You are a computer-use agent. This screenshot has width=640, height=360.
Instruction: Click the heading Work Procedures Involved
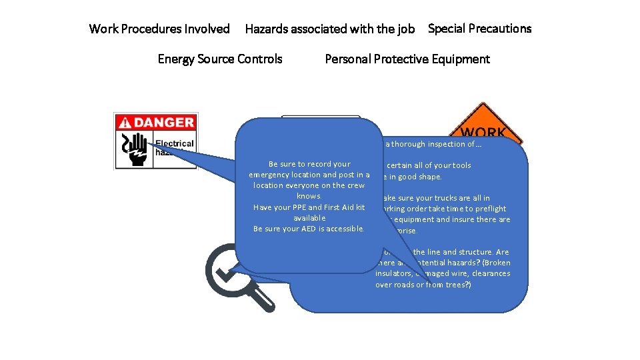point(159,29)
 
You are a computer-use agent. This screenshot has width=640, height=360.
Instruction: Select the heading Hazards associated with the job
point(329,29)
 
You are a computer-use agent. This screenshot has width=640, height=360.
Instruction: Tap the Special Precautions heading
point(479,29)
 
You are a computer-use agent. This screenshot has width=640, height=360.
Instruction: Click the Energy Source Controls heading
point(219,59)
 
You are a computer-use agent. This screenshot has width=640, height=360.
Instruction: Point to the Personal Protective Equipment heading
point(407,59)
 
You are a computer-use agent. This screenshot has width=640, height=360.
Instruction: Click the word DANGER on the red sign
point(164,122)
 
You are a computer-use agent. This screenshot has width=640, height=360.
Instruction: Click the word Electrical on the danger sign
point(174,143)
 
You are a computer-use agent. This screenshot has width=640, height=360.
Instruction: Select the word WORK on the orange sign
point(483,133)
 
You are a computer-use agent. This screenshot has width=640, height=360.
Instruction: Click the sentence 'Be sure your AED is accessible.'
point(309,229)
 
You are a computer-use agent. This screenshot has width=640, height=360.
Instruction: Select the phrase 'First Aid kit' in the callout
point(343,207)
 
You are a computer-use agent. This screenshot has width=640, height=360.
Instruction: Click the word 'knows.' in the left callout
point(309,196)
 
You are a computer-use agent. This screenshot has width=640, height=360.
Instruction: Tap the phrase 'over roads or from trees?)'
point(423,285)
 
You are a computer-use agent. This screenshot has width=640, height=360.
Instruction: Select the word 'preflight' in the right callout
point(490,209)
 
